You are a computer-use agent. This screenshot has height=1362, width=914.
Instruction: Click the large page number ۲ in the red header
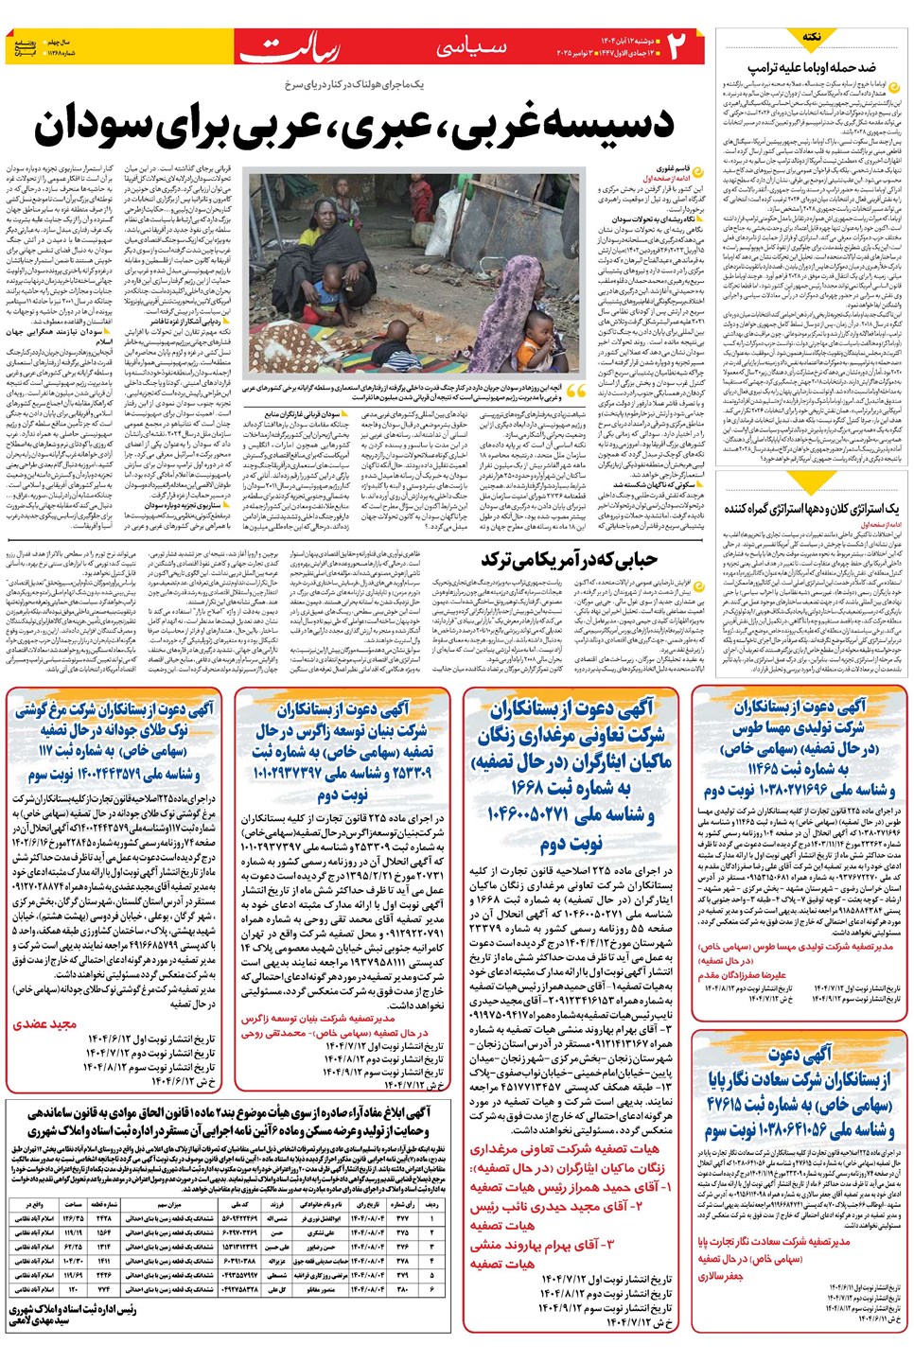(x=677, y=46)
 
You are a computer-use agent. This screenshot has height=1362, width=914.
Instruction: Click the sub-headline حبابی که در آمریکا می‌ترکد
(x=569, y=559)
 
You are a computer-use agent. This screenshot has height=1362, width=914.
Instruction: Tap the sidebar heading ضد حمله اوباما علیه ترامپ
(x=811, y=69)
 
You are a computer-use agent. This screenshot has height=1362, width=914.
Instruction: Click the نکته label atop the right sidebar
(x=811, y=37)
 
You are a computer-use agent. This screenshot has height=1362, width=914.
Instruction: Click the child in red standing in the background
(x=419, y=195)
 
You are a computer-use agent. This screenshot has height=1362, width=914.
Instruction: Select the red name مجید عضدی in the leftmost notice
(x=44, y=1023)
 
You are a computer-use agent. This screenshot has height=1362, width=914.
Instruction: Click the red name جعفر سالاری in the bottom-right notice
(x=720, y=1276)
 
